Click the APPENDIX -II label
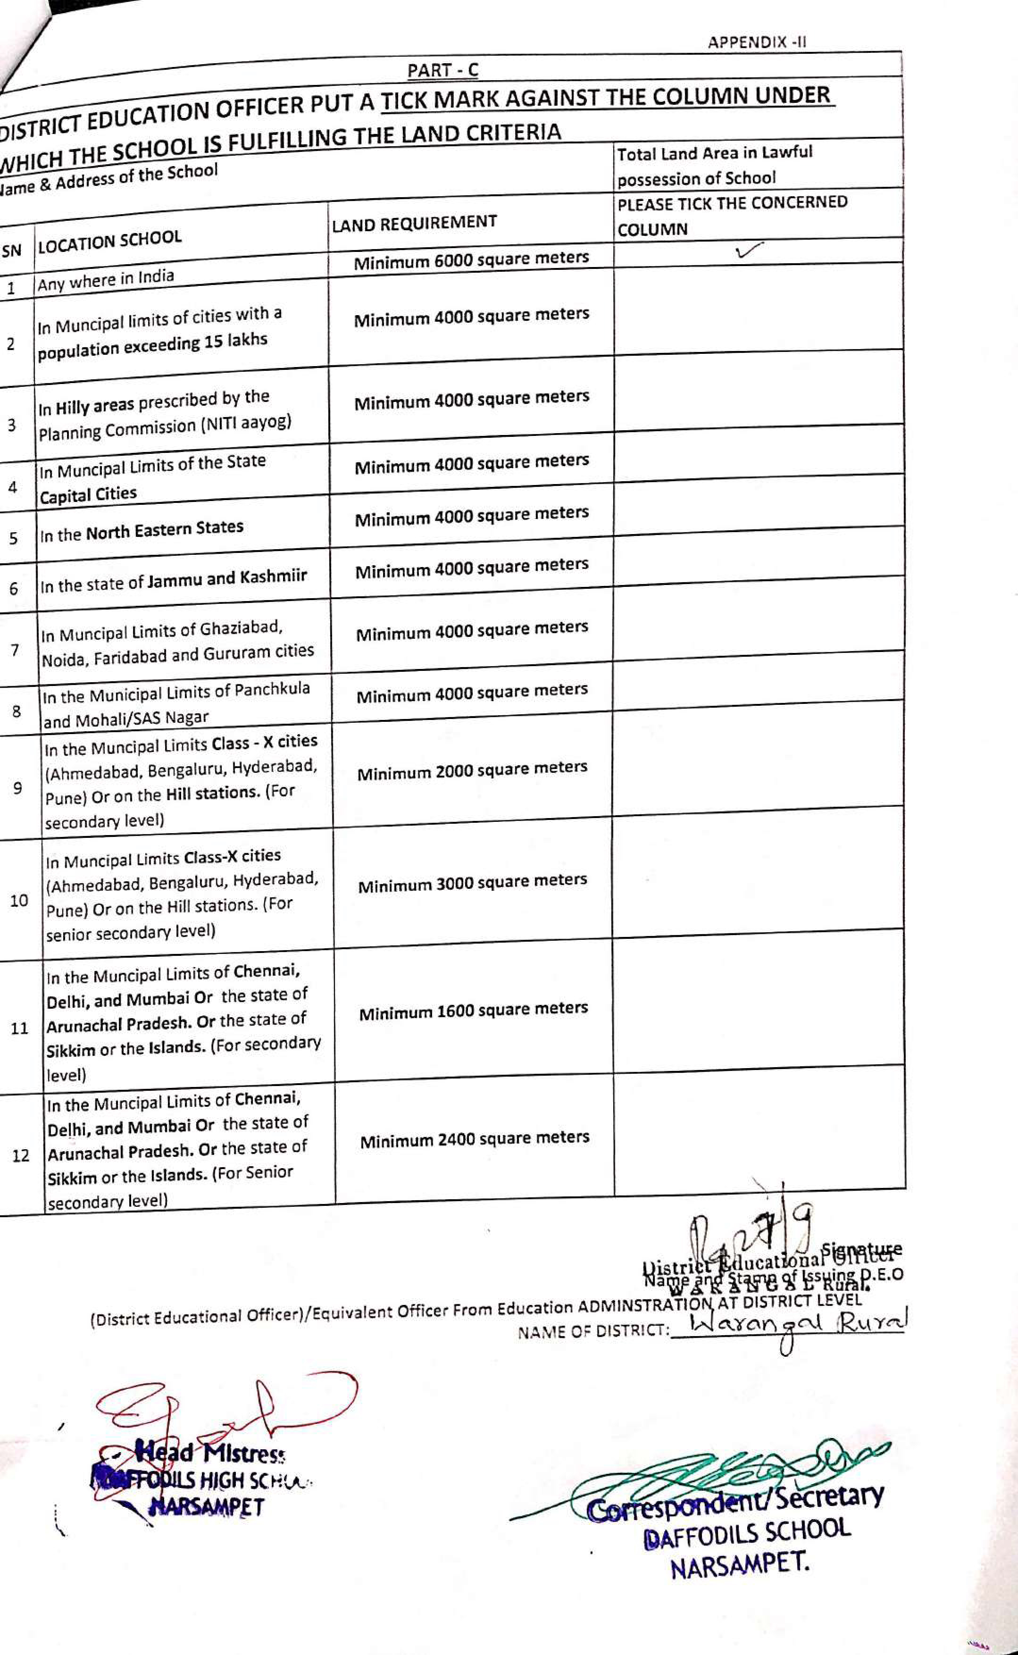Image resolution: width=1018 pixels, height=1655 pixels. [756, 42]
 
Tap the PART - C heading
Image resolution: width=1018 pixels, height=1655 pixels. [442, 70]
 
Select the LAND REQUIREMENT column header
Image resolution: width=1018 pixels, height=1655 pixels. [414, 223]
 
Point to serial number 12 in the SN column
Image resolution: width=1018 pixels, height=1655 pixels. [21, 1155]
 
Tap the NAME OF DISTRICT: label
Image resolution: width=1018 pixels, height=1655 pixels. [593, 1331]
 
